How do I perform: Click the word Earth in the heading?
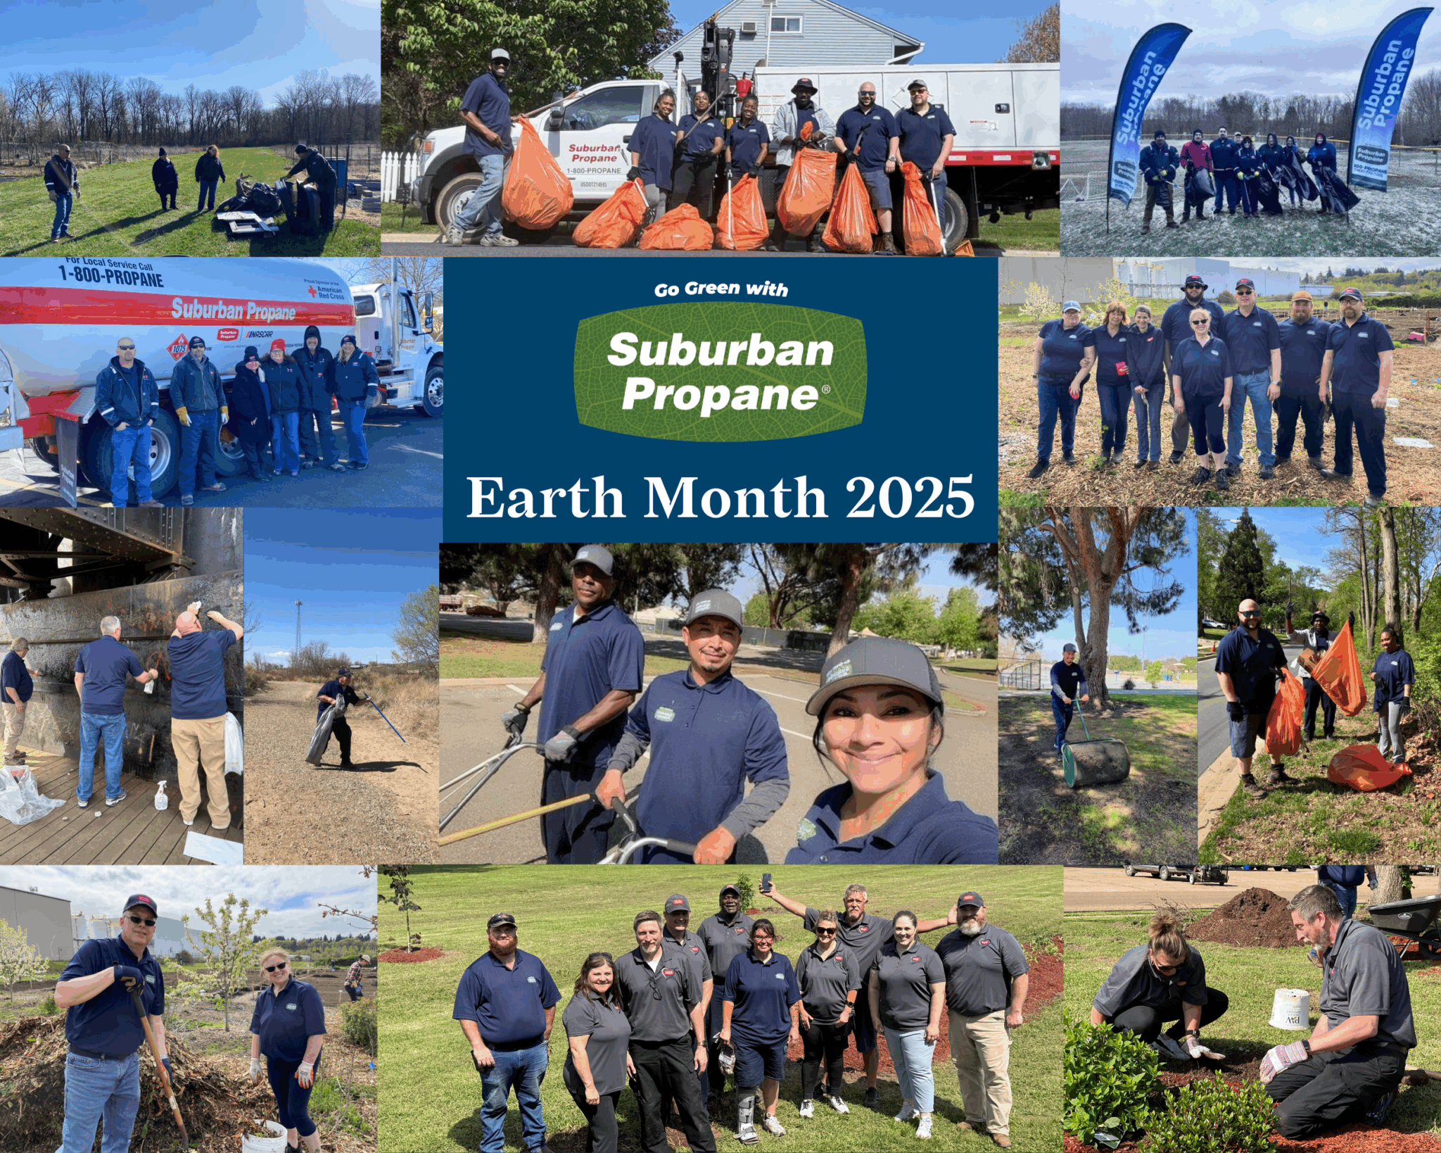pyautogui.click(x=545, y=498)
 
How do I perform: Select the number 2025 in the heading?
pyautogui.click(x=910, y=498)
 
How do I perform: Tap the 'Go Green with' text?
pyautogui.click(x=720, y=289)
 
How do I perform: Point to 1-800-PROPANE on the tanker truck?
pyautogui.click(x=110, y=275)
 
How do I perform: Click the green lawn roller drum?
pyautogui.click(x=1096, y=762)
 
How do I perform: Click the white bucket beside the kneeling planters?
pyautogui.click(x=1290, y=1009)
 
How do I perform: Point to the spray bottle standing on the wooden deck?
pyautogui.click(x=160, y=795)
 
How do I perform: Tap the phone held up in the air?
pyautogui.click(x=766, y=882)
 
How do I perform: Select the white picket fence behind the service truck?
pyautogui.click(x=399, y=175)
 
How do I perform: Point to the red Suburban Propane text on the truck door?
pyautogui.click(x=594, y=153)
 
